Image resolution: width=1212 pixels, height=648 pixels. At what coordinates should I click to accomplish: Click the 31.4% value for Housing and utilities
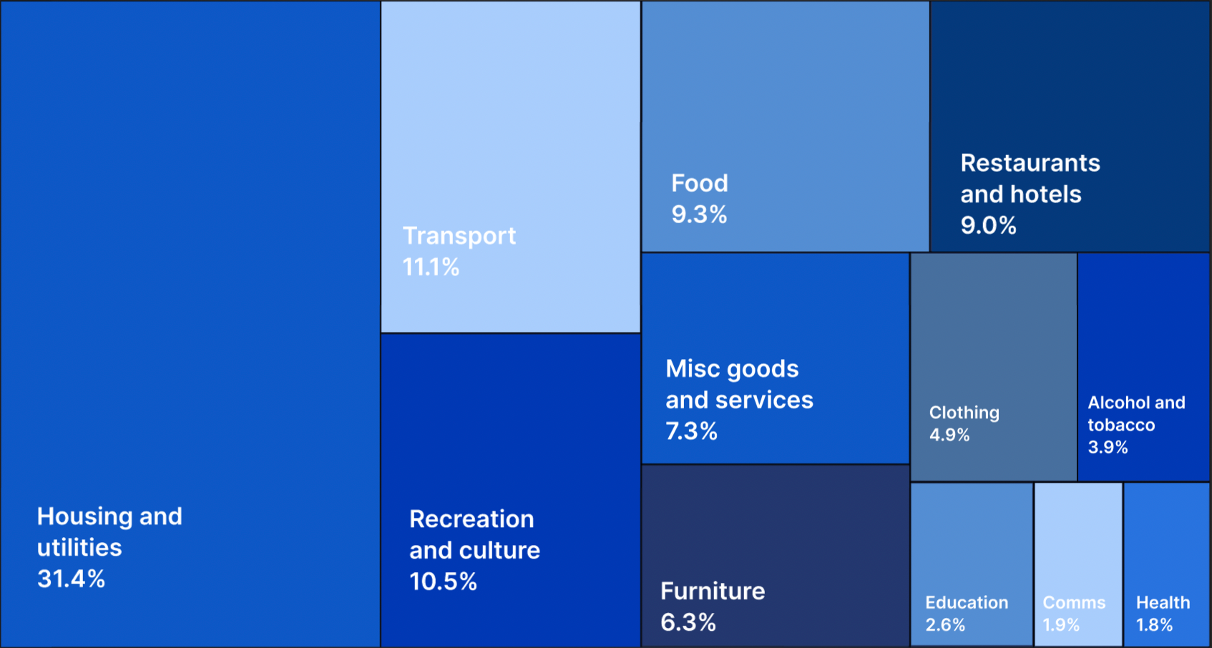tap(71, 579)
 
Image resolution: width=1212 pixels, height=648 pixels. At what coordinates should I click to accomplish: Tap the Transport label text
tap(459, 236)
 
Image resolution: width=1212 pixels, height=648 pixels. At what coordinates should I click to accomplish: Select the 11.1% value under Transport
tap(431, 267)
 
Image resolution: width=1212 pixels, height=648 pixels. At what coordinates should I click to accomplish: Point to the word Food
tap(699, 183)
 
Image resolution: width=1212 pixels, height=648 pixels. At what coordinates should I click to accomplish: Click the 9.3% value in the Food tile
tap(699, 215)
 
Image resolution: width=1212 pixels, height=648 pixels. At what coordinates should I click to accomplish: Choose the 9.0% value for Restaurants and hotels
tap(988, 225)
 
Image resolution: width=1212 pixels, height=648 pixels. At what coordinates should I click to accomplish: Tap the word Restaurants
tap(1030, 163)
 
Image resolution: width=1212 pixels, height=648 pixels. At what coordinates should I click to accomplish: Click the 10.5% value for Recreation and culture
tap(443, 581)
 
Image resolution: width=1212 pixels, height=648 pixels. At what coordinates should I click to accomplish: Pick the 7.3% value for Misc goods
tap(691, 431)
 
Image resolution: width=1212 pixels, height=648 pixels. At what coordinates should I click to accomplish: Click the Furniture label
tap(713, 591)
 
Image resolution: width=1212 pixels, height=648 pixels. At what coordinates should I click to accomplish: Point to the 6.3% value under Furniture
tap(688, 622)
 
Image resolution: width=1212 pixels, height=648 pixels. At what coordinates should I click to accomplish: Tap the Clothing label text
tap(964, 413)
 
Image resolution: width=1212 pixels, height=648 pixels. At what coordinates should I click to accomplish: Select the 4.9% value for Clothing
tap(949, 435)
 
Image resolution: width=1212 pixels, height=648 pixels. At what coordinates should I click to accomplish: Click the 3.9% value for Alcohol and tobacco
tap(1108, 448)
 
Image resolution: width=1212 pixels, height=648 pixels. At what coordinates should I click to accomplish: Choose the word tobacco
tap(1121, 426)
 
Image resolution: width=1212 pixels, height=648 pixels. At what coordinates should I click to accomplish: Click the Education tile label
tap(967, 603)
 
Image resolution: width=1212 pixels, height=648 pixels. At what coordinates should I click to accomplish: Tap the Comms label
tap(1074, 603)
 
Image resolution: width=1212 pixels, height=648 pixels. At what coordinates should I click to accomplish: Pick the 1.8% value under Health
tap(1154, 625)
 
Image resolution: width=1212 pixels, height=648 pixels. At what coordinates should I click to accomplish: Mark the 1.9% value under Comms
tap(1061, 625)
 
